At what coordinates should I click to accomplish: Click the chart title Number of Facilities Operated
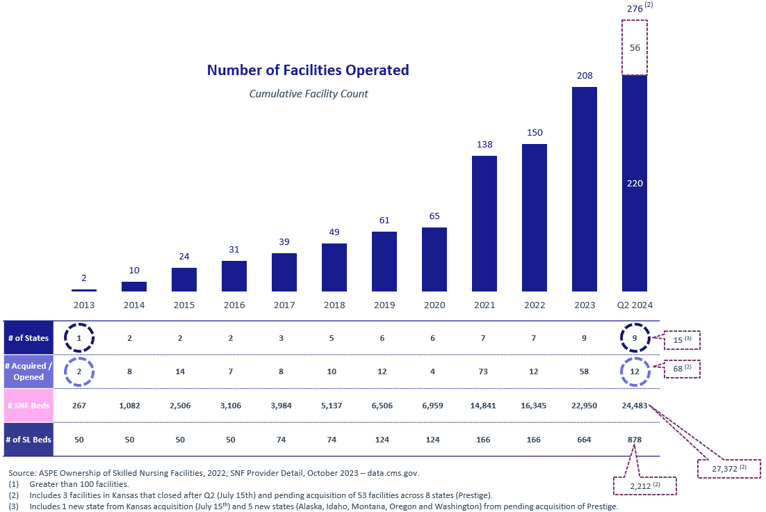pos(308,70)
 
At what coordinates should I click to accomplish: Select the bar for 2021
pos(484,223)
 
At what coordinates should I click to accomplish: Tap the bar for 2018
pos(334,266)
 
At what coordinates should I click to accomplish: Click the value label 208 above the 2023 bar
pos(585,75)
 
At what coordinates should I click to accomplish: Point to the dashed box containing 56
pos(635,47)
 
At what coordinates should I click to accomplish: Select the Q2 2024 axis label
pos(635,305)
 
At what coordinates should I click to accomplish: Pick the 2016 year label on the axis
pos(234,305)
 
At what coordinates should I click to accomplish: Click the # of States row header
pos(28,338)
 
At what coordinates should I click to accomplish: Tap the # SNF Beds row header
pos(28,406)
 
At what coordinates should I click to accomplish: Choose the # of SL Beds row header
pos(28,440)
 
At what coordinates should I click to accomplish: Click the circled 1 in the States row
pos(79,338)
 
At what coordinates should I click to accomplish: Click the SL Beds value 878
pos(635,440)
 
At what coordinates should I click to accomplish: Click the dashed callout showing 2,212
pos(644,485)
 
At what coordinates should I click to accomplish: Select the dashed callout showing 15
pos(682,340)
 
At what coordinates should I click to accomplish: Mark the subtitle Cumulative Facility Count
pos(309,93)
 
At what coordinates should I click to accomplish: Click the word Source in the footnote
pos(24,473)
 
